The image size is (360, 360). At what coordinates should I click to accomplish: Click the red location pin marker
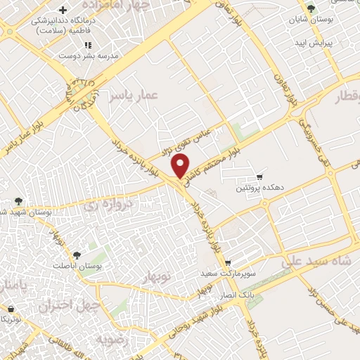coord(181,166)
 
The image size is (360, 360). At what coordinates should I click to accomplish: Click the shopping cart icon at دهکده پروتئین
coord(260,176)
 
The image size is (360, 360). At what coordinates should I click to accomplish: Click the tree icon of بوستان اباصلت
coord(77,255)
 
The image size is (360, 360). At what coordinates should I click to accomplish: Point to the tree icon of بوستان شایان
coord(311,8)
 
